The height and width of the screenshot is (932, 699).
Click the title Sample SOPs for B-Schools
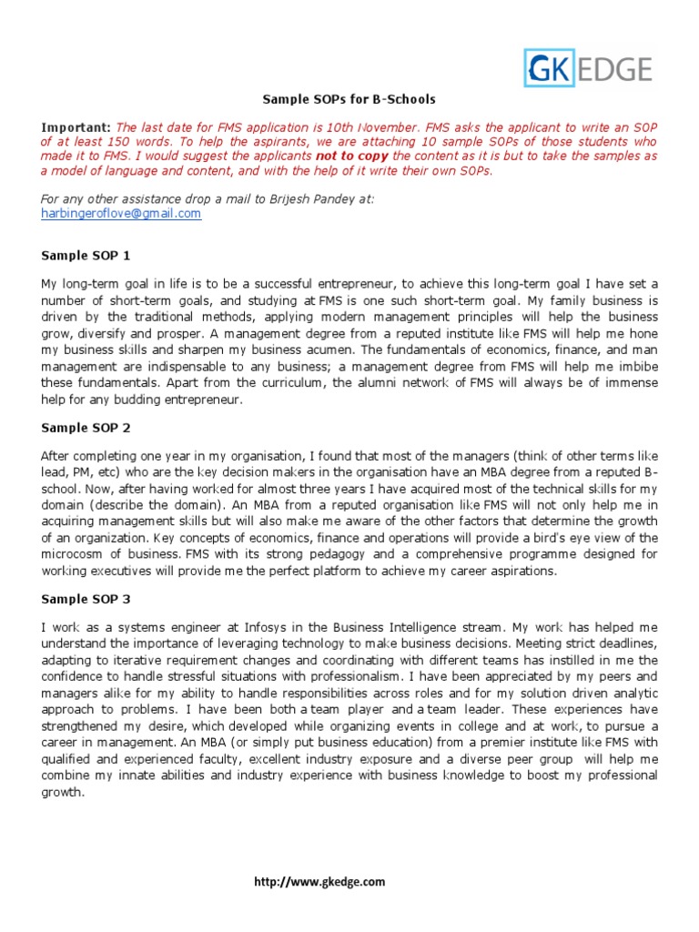click(349, 99)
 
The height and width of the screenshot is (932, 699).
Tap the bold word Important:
click(76, 127)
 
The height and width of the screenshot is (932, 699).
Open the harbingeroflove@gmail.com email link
click(121, 213)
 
